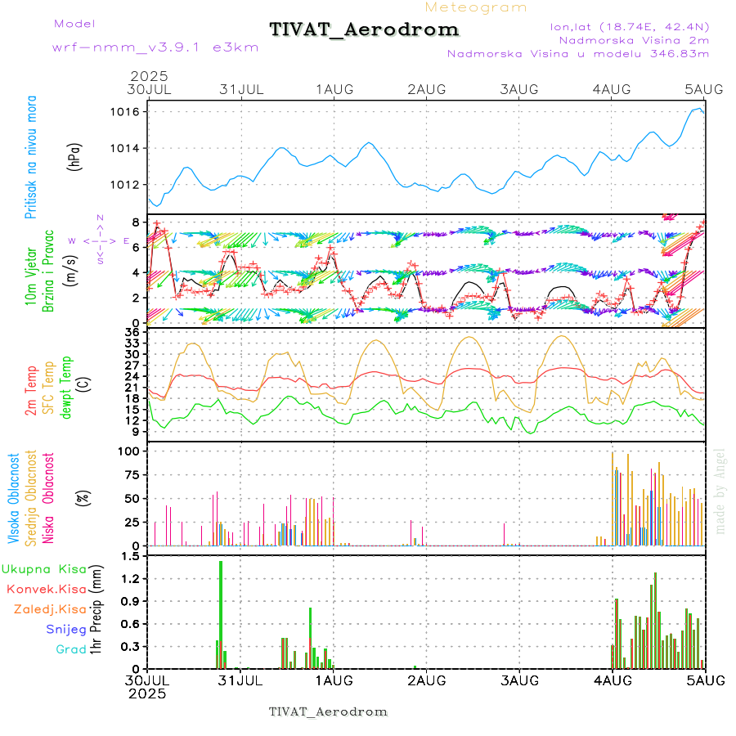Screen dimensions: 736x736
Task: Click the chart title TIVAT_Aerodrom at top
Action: click(364, 29)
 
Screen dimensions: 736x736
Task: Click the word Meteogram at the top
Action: click(476, 7)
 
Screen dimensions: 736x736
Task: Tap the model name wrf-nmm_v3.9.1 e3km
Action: click(155, 47)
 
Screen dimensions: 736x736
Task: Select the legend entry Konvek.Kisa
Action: click(46, 589)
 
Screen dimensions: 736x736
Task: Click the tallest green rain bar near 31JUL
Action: click(221, 613)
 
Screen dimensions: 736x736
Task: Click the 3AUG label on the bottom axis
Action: click(518, 680)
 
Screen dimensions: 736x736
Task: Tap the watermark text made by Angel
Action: click(720, 491)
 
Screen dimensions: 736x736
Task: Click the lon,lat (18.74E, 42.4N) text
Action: click(629, 26)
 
